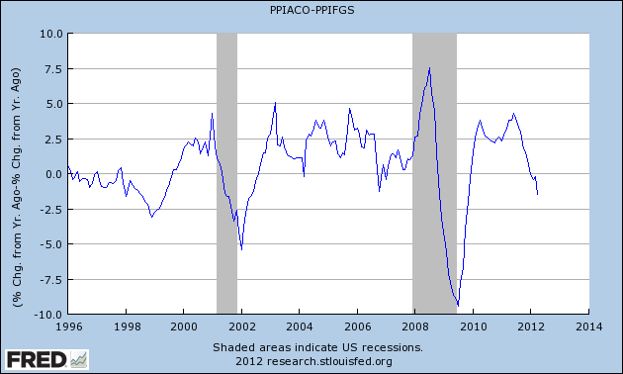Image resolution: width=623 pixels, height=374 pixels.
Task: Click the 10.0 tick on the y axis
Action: (48, 34)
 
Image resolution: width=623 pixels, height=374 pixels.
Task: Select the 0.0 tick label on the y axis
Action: (51, 174)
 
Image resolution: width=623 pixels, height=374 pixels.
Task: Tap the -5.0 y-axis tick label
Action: (49, 244)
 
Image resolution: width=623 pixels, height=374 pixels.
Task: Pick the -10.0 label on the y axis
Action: (46, 315)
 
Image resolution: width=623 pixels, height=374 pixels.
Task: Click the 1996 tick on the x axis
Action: (67, 325)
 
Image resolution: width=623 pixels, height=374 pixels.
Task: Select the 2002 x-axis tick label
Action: (241, 325)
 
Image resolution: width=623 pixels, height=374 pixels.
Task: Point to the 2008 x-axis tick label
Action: (415, 325)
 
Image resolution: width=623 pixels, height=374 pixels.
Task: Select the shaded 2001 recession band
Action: (226, 173)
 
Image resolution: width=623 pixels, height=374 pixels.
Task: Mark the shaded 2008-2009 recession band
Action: (434, 173)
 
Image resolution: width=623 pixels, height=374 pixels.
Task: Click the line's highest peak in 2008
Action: (429, 67)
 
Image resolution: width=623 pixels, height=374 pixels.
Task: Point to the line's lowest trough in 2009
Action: (457, 306)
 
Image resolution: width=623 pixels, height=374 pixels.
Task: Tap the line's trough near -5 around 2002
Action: (241, 249)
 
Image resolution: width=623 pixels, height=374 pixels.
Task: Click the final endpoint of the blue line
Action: (537, 194)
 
